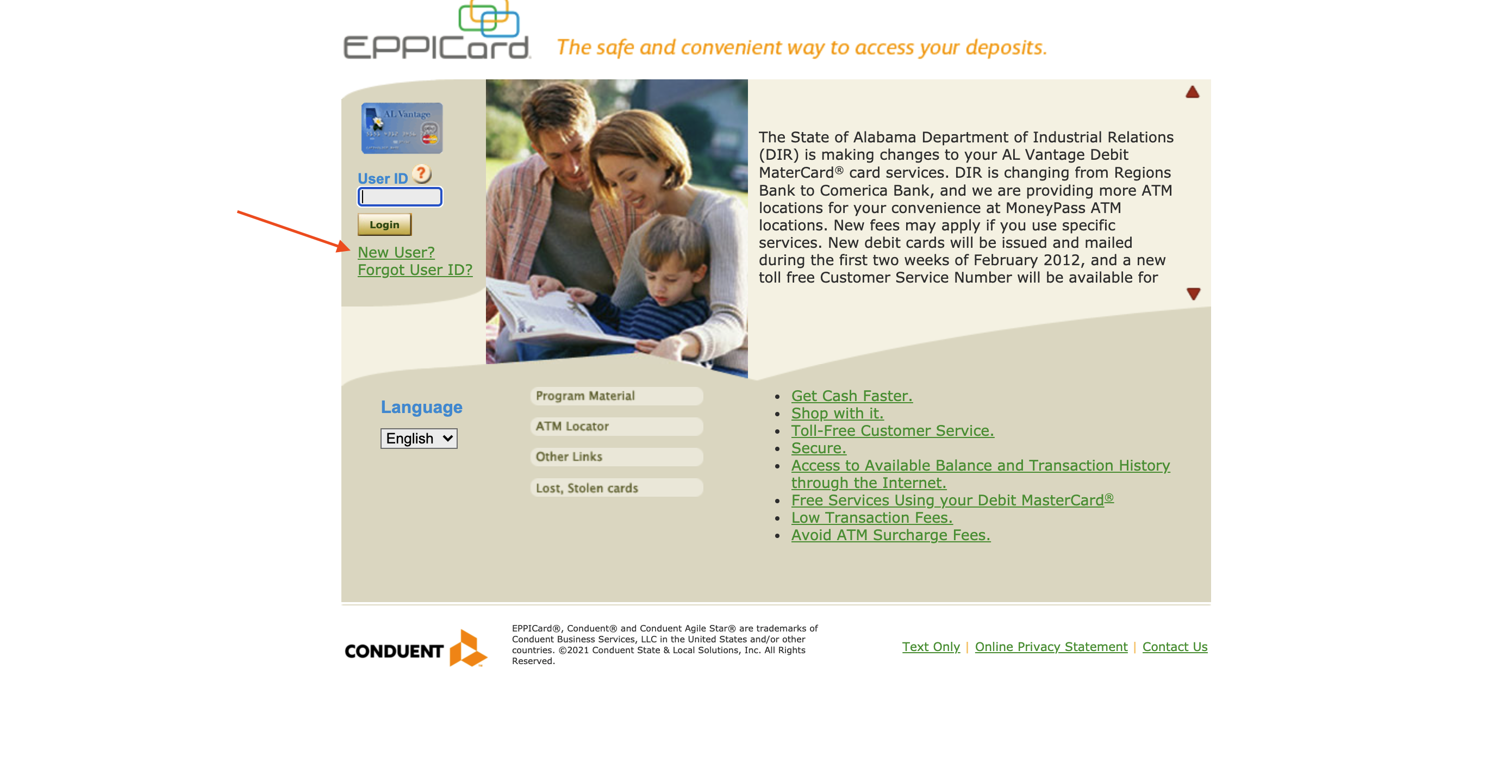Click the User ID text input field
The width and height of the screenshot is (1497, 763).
[x=400, y=197]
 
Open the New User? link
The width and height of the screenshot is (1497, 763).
[x=396, y=252]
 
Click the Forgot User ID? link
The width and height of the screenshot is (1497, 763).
[x=415, y=270]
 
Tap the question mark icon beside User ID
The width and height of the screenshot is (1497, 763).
[x=421, y=173]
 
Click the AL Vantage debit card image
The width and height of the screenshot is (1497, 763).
[x=402, y=128]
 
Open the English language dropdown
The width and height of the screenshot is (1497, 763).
[x=419, y=438]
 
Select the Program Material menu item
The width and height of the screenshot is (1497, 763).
[x=616, y=396]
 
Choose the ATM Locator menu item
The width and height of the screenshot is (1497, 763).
[x=616, y=426]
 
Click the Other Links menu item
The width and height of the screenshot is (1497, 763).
[x=616, y=456]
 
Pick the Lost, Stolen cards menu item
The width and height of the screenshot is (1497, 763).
[x=616, y=487]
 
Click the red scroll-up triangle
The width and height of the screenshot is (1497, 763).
[x=1193, y=92]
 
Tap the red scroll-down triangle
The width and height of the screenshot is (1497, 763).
[x=1194, y=294]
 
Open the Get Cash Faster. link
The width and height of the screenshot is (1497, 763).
[x=852, y=396]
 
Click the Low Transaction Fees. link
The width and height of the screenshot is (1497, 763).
[x=872, y=517]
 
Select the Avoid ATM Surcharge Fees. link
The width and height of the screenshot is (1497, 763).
[x=891, y=535]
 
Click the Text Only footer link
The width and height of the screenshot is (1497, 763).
[x=931, y=647]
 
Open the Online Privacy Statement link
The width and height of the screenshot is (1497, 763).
[x=1051, y=647]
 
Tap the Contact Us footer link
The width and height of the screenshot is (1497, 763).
[x=1175, y=647]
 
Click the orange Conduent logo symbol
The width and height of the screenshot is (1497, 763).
[x=468, y=648]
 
